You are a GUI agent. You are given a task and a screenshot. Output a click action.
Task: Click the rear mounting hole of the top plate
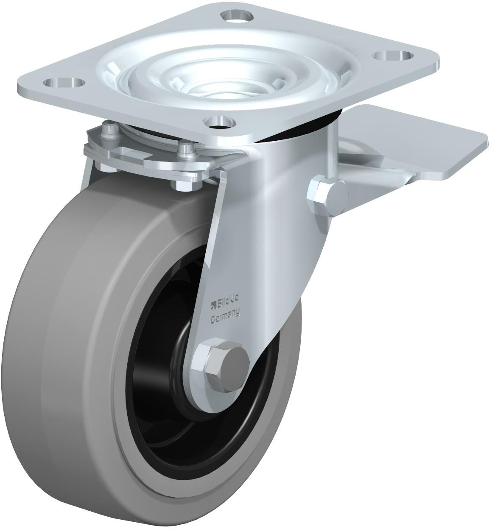pyautogui.click(x=235, y=15)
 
